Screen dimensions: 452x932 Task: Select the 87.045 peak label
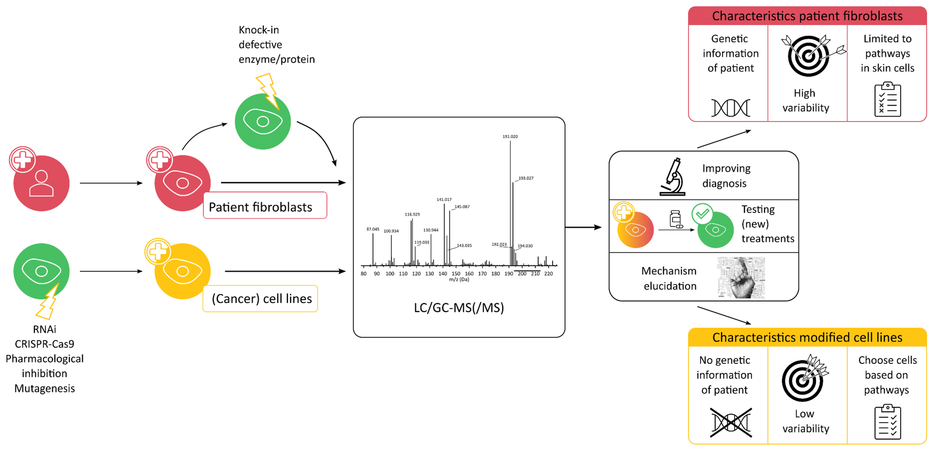pyautogui.click(x=373, y=229)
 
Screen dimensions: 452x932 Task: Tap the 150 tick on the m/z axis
pyautogui.click(x=456, y=274)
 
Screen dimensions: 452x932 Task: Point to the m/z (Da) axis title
pyautogui.click(x=459, y=279)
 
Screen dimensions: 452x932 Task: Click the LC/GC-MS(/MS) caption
pyautogui.click(x=459, y=308)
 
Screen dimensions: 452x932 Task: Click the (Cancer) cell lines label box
pyautogui.click(x=261, y=299)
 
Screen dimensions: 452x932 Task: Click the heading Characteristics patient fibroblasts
pyautogui.click(x=807, y=16)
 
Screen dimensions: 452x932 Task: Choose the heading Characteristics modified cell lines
pyautogui.click(x=807, y=337)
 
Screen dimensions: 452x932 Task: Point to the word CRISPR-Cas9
pyautogui.click(x=45, y=344)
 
